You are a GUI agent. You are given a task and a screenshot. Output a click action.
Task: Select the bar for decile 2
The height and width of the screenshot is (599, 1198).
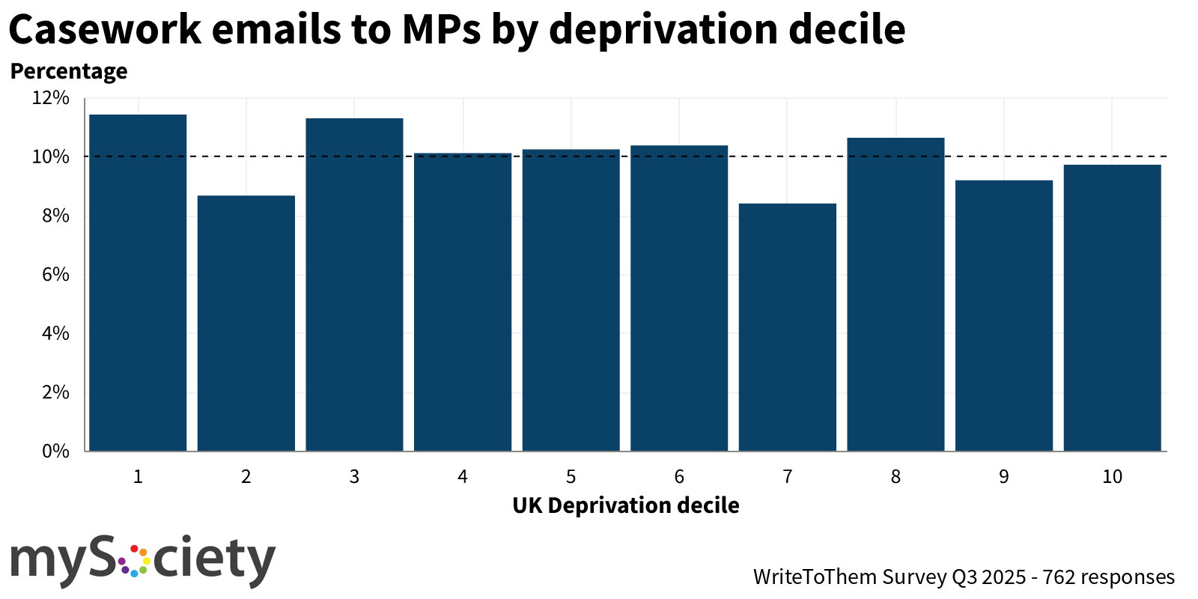click(246, 323)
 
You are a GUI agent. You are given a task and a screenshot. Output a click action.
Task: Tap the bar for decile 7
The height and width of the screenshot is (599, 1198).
click(788, 326)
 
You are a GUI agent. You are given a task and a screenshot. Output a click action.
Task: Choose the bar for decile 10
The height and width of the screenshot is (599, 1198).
click(1112, 308)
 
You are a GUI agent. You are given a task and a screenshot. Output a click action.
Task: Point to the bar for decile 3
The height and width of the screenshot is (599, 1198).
click(354, 285)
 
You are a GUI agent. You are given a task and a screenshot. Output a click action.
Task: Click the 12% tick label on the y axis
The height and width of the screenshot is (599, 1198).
click(51, 98)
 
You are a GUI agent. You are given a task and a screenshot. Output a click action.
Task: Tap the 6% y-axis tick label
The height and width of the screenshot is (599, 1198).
click(55, 275)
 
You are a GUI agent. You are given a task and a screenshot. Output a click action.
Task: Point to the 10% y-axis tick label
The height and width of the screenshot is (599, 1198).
click(51, 157)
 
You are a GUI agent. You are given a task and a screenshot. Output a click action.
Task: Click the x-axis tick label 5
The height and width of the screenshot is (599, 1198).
click(571, 477)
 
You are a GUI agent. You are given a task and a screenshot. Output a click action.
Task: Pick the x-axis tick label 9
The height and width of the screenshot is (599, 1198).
click(1004, 477)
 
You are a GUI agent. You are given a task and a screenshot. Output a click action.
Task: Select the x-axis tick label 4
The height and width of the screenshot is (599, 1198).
click(463, 477)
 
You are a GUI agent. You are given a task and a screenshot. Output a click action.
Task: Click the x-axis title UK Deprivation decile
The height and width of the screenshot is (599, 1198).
click(625, 505)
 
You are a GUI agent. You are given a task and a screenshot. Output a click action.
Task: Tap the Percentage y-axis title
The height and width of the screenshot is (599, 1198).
click(69, 71)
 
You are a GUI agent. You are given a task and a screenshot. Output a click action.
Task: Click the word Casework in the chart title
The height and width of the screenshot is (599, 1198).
click(105, 30)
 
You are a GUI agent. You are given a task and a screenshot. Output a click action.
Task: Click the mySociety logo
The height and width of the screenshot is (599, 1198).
click(142, 560)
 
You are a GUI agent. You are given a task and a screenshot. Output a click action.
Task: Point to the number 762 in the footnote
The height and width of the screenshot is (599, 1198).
click(1059, 577)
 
